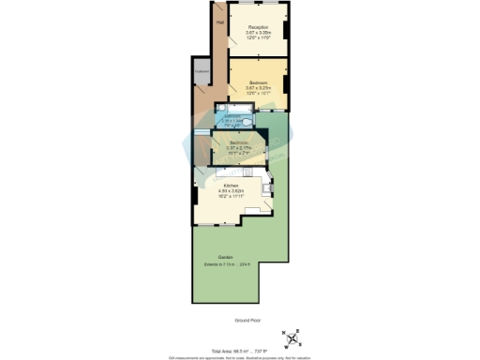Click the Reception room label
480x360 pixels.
click(258, 27)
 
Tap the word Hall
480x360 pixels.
click(220, 22)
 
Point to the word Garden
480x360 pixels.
click(225, 256)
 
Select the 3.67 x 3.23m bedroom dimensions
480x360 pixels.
click(259, 87)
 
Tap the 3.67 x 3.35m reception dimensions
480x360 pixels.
click(258, 33)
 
